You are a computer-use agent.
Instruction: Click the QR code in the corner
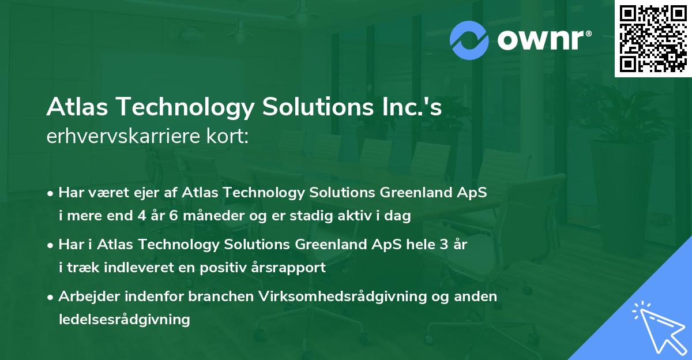pos(653,39)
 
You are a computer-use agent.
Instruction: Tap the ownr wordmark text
pos(543,40)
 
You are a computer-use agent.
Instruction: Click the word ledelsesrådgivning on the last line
pos(124,319)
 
